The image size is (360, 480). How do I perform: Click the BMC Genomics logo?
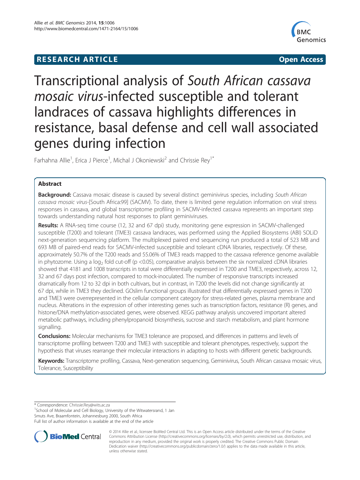click(x=309, y=32)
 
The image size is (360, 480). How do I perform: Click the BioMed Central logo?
click(x=68, y=436)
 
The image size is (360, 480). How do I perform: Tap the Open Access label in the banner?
click(x=301, y=60)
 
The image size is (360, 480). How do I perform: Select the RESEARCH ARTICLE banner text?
click(x=77, y=60)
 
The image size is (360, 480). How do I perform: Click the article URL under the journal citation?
click(x=86, y=29)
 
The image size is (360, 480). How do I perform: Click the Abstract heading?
click(x=50, y=184)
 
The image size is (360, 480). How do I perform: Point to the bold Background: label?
click(x=55, y=195)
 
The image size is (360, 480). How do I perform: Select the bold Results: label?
click(x=48, y=225)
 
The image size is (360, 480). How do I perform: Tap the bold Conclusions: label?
click(x=54, y=336)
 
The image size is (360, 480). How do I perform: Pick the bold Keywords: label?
click(x=51, y=361)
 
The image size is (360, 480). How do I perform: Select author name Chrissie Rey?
click(x=195, y=161)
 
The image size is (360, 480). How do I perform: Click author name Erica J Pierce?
click(x=91, y=161)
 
